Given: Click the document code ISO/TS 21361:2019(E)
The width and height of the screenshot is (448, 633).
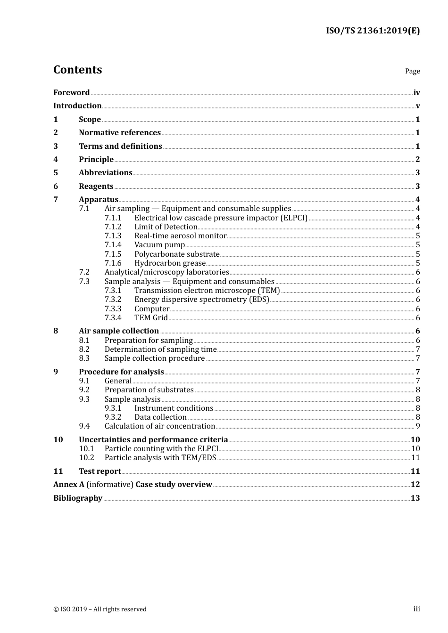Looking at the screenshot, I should coord(373,31).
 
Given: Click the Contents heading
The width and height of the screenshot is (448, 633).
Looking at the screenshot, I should coord(77,70).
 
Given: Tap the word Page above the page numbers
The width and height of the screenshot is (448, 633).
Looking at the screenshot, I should coord(412,71).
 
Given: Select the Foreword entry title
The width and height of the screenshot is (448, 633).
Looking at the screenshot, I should coord(71,93).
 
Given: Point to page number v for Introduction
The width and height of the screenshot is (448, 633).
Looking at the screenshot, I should coord(417,106).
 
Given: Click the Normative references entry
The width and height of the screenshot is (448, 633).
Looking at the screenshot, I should coord(119,133).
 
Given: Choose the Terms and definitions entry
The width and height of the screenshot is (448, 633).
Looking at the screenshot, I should coord(120,146).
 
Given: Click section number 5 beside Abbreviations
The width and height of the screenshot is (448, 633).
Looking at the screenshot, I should coord(56,173).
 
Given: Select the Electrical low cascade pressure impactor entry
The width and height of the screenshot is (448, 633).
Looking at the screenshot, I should coord(221,218).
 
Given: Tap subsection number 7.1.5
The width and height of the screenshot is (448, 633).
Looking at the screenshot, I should coord(113,254).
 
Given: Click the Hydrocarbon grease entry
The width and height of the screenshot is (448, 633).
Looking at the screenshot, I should coord(170,263).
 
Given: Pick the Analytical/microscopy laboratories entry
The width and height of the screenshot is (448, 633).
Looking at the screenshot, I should coord(166,272).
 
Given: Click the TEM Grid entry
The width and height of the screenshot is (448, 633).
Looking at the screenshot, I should coord(151,318).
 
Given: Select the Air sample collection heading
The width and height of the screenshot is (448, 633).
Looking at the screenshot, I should coord(119,331).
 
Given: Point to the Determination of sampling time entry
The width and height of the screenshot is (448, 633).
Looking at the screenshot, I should coord(160,349).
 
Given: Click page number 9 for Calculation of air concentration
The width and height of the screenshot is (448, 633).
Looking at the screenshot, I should coord(417,426).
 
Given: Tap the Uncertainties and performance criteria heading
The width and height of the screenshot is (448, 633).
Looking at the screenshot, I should coord(153,440).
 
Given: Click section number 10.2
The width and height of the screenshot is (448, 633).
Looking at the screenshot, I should coord(86,458).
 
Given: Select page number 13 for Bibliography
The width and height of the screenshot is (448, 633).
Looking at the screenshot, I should coord(415,498).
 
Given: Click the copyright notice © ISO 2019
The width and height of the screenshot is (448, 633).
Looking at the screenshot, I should coord(100,609).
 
